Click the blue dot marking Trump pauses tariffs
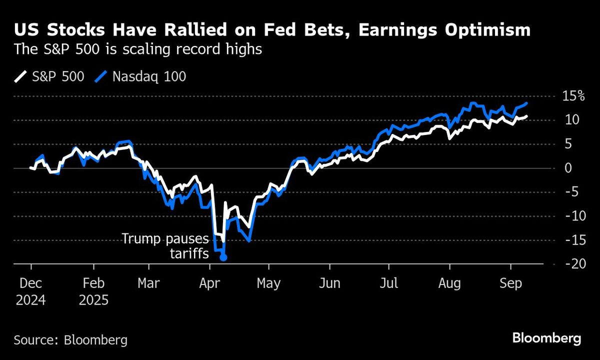click(223, 257)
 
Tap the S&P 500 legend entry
click(49, 76)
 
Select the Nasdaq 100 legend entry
click(142, 76)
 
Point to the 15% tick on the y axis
click(572, 96)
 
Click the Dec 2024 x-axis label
click(32, 292)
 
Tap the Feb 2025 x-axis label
click(94, 292)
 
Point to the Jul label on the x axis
click(388, 283)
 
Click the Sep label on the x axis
click(509, 283)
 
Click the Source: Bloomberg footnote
click(70, 340)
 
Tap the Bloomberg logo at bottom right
click(547, 338)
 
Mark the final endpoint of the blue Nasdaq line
click(526, 103)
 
